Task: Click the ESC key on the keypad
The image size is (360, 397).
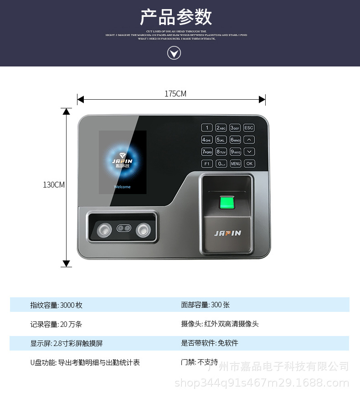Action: click(x=249, y=128)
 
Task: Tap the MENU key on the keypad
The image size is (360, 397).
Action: click(x=235, y=163)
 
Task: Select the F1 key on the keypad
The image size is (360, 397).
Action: click(x=207, y=163)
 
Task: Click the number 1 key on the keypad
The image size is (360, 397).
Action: click(x=207, y=128)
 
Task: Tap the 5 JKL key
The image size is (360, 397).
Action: click(x=221, y=140)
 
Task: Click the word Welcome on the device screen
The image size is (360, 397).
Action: click(x=122, y=187)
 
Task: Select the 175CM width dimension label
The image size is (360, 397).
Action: click(x=175, y=94)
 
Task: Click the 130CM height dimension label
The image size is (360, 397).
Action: click(x=54, y=184)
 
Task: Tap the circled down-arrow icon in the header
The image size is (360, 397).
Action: click(x=174, y=53)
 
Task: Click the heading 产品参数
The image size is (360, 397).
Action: click(x=175, y=17)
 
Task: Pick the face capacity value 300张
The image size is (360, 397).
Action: click(x=220, y=305)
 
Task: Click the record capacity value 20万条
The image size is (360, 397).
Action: click(x=71, y=324)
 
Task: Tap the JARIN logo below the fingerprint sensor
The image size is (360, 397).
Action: click(x=227, y=233)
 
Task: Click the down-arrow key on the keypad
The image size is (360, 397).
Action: click(x=249, y=152)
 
